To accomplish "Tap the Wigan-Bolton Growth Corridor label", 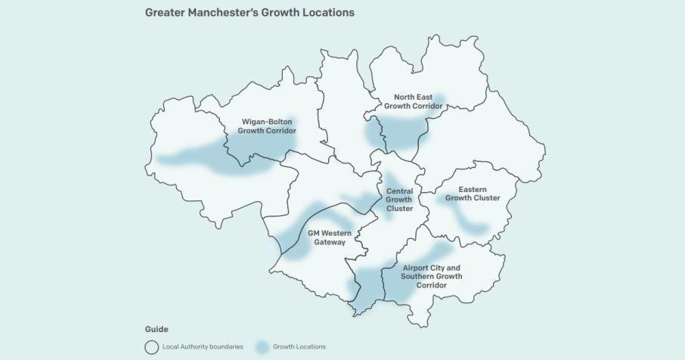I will [267, 126].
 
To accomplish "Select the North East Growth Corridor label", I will [413, 101].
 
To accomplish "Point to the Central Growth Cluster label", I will [399, 200].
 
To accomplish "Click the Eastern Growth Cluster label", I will [473, 194].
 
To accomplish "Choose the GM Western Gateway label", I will [330, 237].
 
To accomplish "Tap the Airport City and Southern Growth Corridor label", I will [432, 276].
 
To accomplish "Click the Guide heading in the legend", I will [157, 330].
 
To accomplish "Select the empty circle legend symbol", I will [151, 346].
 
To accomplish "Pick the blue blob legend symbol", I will [262, 347].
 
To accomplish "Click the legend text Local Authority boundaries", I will [203, 347].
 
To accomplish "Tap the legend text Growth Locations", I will [301, 347].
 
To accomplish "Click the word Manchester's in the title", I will [228, 13].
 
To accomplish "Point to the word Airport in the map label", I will [417, 268].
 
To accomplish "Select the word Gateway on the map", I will [330, 243].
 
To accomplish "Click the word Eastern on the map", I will [473, 189].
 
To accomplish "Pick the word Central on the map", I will [399, 191].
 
